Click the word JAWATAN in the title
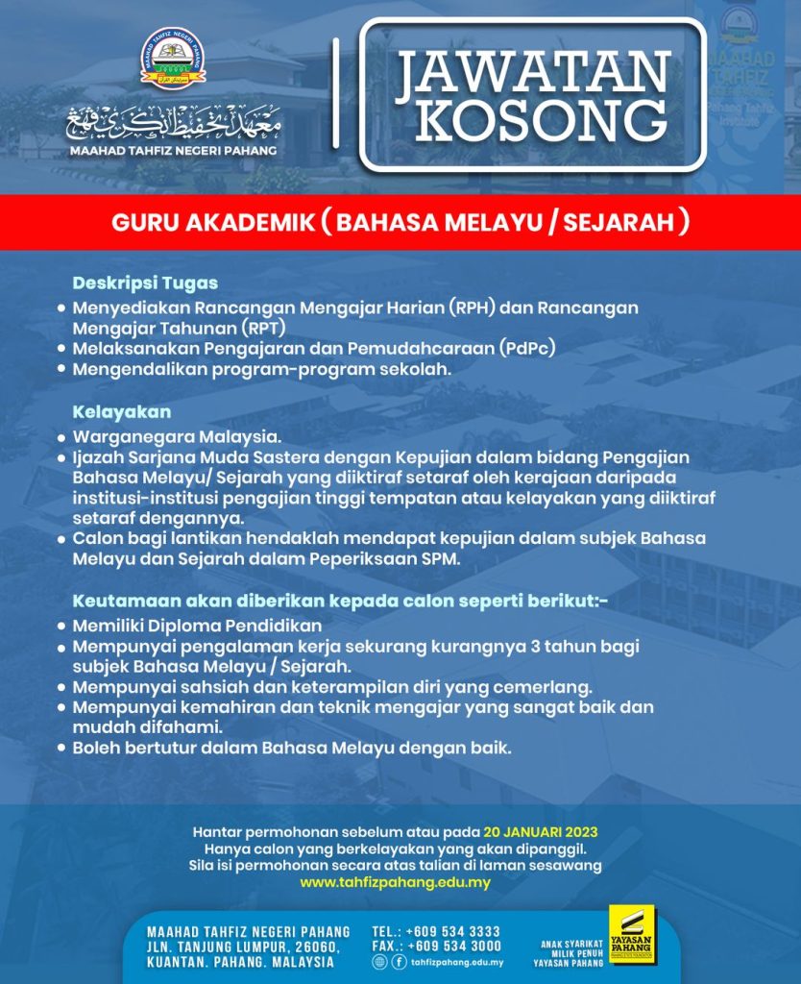click(533, 72)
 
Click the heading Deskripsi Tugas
click(145, 283)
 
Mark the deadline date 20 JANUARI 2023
click(546, 831)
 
